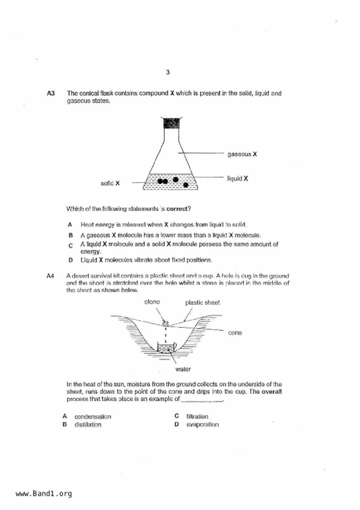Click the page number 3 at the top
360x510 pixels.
(168, 72)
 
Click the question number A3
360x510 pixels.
(51, 93)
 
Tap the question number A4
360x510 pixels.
(50, 276)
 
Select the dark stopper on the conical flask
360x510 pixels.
(171, 123)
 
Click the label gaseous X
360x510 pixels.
(242, 154)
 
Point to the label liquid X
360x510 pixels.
(237, 179)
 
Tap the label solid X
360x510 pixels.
(110, 183)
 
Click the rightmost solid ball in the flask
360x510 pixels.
(186, 185)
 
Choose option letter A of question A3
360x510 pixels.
(70, 224)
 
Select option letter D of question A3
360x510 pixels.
(70, 260)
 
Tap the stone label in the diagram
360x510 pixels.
(152, 302)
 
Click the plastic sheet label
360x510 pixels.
(202, 302)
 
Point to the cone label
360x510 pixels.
(235, 333)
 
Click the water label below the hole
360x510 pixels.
(183, 369)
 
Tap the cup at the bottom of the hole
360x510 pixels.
(166, 348)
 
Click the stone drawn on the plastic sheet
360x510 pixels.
(166, 323)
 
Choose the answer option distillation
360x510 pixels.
(88, 425)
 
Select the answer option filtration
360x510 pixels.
(197, 416)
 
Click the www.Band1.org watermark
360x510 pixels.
(44, 493)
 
